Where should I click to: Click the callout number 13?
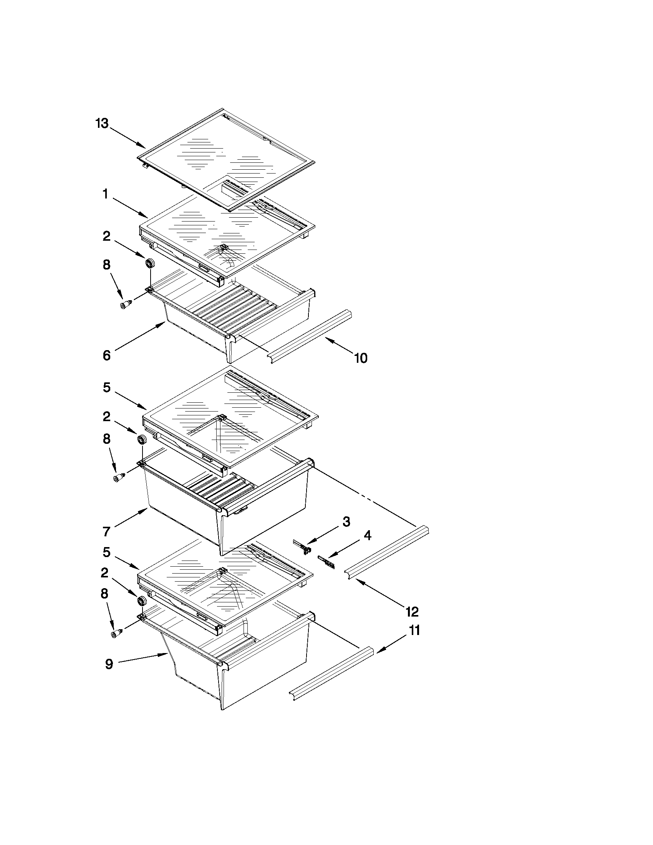[102, 124]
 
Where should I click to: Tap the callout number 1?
[105, 195]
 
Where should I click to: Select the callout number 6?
[107, 355]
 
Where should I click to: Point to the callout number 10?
[361, 358]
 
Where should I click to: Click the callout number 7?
[107, 532]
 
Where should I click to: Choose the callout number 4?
[367, 536]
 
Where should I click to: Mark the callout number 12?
[412, 612]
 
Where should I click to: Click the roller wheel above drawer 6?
[150, 264]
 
